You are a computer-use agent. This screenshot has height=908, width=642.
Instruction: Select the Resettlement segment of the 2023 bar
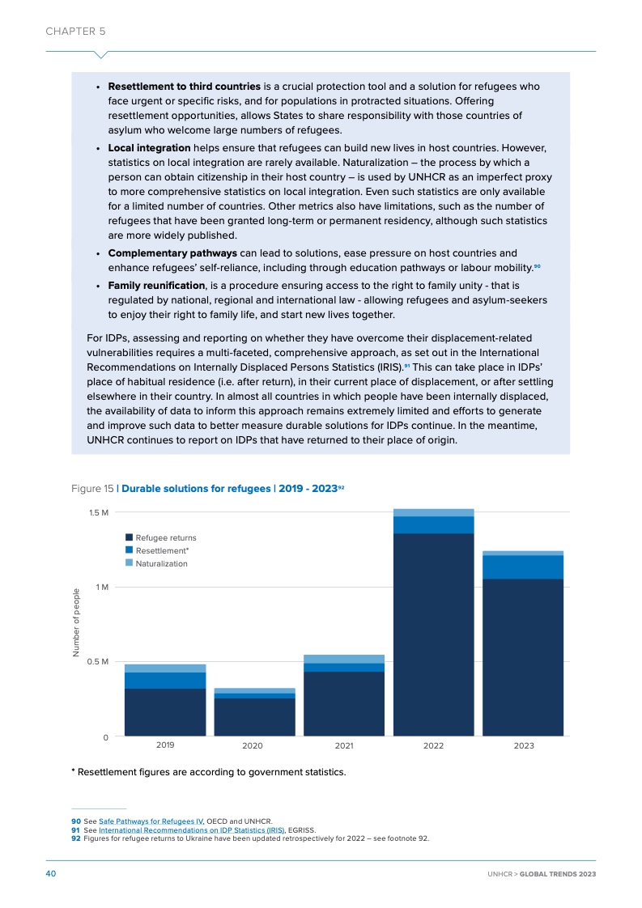coord(523,566)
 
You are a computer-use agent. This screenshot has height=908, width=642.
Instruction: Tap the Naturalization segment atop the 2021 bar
coord(343,659)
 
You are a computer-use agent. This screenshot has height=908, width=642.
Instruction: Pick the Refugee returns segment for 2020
coord(254,717)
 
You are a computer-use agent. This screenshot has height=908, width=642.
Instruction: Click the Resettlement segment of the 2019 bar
coord(165,680)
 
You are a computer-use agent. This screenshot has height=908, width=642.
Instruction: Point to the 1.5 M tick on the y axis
coord(100,512)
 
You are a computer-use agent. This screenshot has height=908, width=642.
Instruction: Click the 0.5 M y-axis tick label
coord(100,661)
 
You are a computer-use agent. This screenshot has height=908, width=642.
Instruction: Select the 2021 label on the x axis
coord(343,745)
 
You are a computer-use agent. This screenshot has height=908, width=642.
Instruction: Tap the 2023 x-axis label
coord(523,745)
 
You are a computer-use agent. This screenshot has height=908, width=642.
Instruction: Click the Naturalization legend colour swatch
coord(129,563)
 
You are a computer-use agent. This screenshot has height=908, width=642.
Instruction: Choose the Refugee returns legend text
coord(165,537)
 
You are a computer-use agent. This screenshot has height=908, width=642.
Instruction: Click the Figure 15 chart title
coord(208,489)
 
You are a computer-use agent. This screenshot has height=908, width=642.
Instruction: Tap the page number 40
coord(50,873)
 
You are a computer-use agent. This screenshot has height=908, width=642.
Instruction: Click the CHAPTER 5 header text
coord(75,32)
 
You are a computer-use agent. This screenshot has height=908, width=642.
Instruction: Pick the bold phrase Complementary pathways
coord(172,253)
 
